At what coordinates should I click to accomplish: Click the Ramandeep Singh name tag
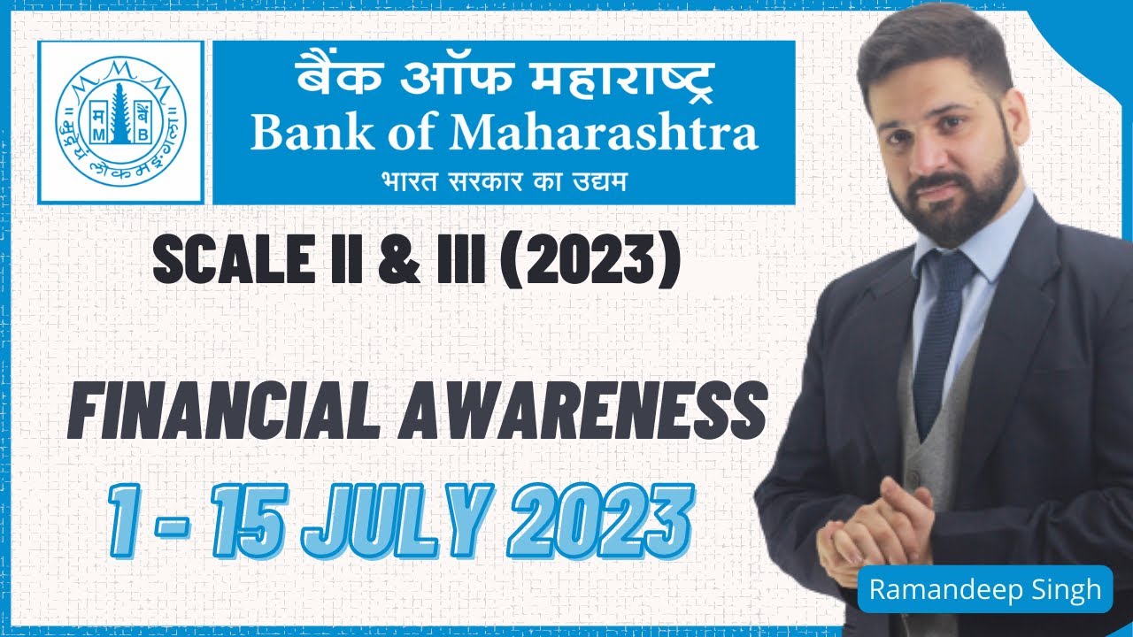(984, 589)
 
